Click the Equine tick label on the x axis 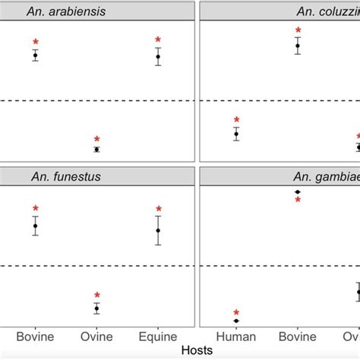[x=158, y=336]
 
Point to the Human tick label [x=236, y=336]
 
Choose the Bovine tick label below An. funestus [x=35, y=336]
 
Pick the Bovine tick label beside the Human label [x=298, y=336]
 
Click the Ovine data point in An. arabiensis [x=96, y=149]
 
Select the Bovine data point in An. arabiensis [x=35, y=55]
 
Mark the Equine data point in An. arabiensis [x=158, y=56]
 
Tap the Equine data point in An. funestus [x=158, y=230]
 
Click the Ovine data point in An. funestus [x=96, y=308]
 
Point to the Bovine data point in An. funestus [x=35, y=226]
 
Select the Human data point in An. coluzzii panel [x=236, y=134]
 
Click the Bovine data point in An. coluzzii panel [x=298, y=46]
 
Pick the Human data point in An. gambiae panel [x=236, y=321]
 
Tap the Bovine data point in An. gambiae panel [x=298, y=191]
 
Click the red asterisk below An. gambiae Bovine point [x=298, y=201]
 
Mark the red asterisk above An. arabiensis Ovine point [x=96, y=140]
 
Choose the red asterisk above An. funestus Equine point [x=158, y=210]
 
